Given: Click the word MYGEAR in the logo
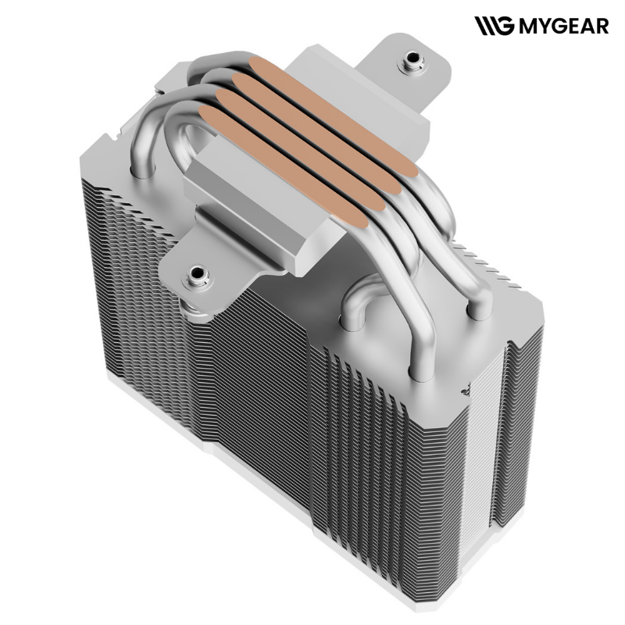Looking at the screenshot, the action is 564,26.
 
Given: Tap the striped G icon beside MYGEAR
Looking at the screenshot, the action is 495,26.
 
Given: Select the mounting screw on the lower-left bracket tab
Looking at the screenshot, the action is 196,275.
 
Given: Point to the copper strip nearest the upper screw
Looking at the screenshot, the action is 334,115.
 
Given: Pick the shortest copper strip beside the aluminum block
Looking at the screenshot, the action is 284,166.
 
